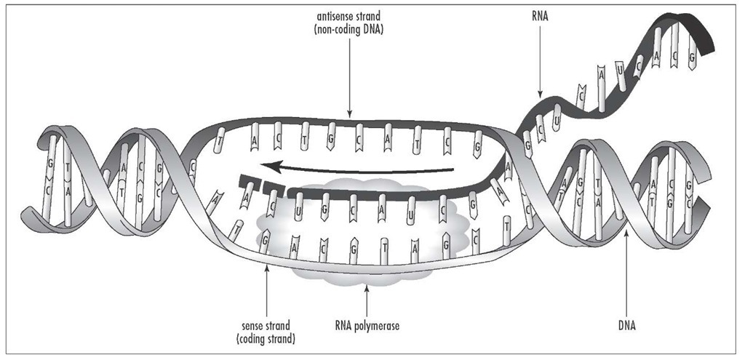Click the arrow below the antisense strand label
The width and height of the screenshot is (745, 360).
point(350,80)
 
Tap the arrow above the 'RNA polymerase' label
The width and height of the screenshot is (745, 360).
point(366,298)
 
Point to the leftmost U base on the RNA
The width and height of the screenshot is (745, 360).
point(298,204)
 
